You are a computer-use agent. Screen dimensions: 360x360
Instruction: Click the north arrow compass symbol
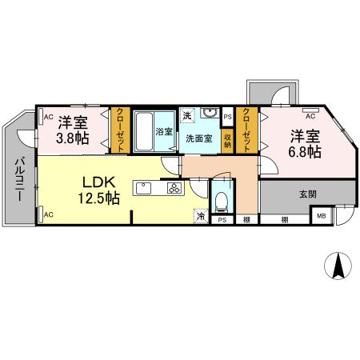coord(338,266)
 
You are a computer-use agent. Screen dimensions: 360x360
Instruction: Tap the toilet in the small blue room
coord(221,202)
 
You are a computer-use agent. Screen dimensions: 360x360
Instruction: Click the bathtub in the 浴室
coord(143,131)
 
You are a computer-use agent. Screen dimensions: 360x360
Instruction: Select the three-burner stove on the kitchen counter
coord(174,188)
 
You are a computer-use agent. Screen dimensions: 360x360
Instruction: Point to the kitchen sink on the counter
coord(144,188)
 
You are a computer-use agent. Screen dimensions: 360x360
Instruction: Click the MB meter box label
coord(322,216)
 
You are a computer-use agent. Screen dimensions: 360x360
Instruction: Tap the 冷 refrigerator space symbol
coord(202,216)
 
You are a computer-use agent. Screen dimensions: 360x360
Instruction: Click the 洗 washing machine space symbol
coord(187,115)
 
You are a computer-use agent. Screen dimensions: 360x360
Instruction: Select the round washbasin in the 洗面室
coord(210,113)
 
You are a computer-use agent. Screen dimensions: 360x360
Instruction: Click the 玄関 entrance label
coord(308,194)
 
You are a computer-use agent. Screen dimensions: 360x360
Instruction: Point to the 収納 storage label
coord(227,142)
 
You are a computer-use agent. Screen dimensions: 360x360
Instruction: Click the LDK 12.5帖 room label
coord(98,190)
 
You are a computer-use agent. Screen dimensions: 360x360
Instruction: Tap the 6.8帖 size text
coord(305,152)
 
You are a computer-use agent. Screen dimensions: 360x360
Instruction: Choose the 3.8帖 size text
coord(73,138)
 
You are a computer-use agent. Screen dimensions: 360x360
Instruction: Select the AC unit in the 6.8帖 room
coord(310,110)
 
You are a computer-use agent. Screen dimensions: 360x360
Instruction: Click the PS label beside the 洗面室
coord(227,117)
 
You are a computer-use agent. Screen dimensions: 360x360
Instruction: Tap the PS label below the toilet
coord(222,220)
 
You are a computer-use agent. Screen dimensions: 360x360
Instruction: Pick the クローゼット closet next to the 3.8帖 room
coord(121,130)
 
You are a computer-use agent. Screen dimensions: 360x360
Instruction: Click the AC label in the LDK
coord(49,214)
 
